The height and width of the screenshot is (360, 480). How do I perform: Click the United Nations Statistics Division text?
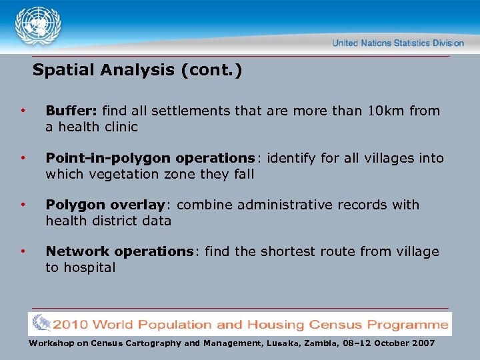point(398,43)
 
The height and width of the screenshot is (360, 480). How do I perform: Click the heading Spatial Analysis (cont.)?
point(137,70)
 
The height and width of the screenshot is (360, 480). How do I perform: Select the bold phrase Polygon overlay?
point(105,205)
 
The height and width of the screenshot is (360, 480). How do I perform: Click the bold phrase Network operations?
point(119,251)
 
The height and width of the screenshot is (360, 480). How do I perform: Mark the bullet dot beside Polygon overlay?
point(23,204)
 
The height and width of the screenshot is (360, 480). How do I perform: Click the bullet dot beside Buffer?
point(23,110)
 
